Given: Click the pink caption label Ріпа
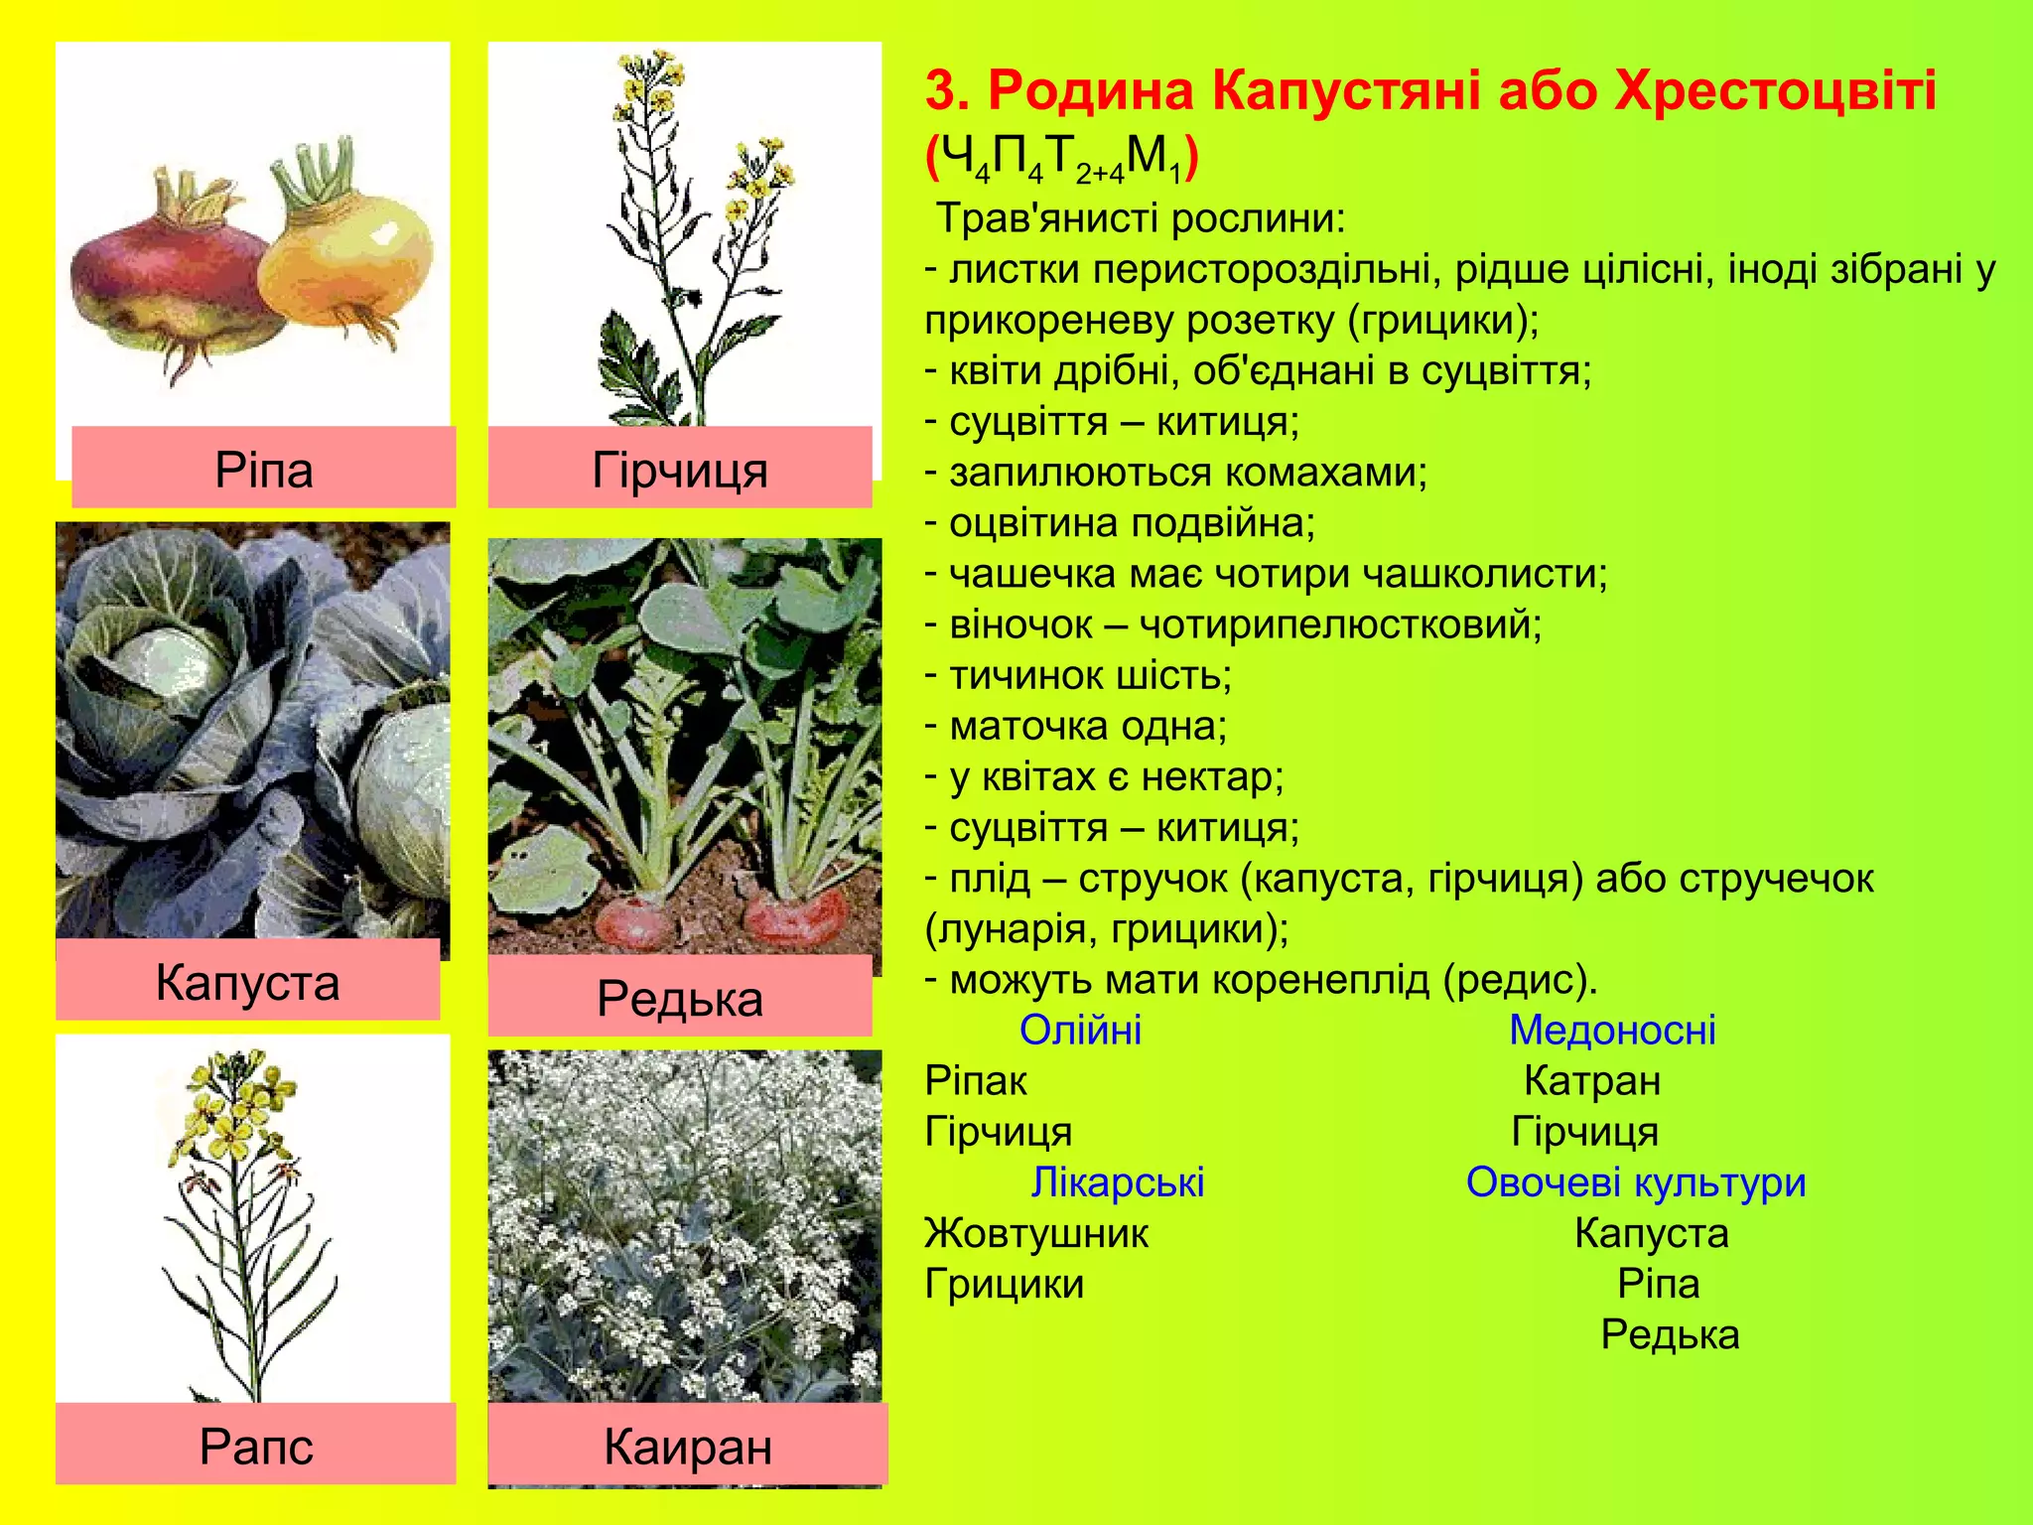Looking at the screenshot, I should tap(264, 469).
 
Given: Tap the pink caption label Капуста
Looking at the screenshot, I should tap(247, 982).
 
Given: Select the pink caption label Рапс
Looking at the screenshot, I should tap(256, 1445).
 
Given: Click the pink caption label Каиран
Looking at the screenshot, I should tap(688, 1446).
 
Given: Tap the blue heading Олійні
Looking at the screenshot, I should tap(1080, 1030).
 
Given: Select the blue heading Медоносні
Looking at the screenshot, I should tap(1612, 1030).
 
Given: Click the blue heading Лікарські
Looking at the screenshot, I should tap(1118, 1181).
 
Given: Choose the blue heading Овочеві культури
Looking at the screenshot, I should tap(1636, 1181).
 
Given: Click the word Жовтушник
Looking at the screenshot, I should tap(1036, 1233).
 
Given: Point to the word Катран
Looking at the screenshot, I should tap(1592, 1080).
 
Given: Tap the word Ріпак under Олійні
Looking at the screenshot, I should tap(976, 1080).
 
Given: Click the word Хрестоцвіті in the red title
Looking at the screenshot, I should tap(1776, 91).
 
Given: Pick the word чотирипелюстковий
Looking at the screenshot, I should tap(1340, 624).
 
